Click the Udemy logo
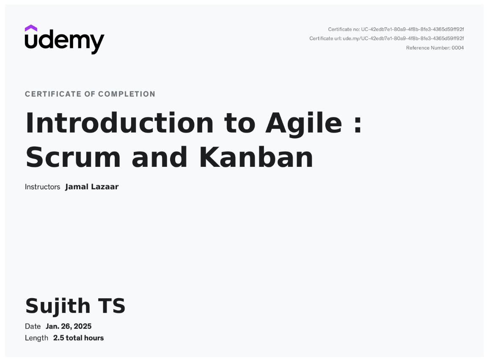coord(65,39)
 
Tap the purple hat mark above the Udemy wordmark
coord(31,28)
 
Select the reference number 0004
coord(457,48)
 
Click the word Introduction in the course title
coord(120,123)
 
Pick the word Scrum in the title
coord(73,157)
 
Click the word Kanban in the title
coord(256,157)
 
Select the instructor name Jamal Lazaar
coord(92,187)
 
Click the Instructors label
coord(43,187)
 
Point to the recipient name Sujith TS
coord(75,306)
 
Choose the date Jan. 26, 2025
coord(69,327)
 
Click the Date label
coord(33,327)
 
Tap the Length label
coord(36,338)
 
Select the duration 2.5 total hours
coord(79,338)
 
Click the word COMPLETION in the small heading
coord(127,94)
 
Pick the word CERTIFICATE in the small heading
coord(53,94)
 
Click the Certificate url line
coord(387,39)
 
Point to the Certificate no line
coord(396,30)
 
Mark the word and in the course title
coord(160,157)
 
